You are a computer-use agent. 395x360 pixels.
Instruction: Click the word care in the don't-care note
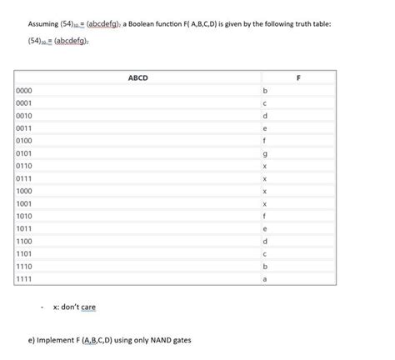click(88, 307)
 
